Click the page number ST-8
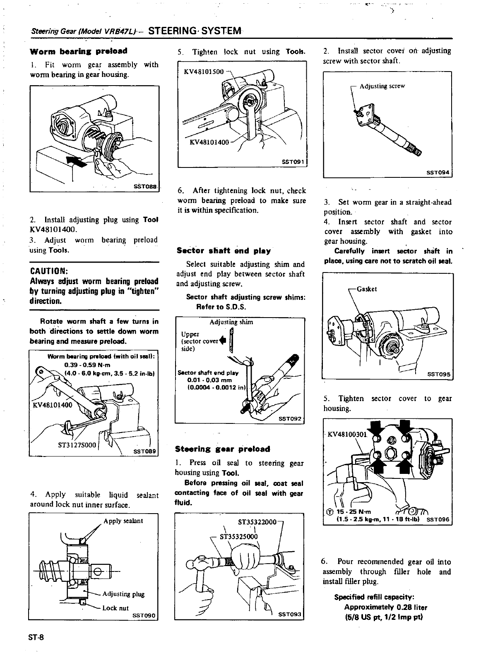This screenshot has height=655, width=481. pyautogui.click(x=36, y=637)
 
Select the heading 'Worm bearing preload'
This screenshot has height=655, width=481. pyautogui.click(x=78, y=51)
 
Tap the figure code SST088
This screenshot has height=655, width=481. pyautogui.click(x=145, y=186)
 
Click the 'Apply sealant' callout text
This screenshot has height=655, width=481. pyautogui.click(x=123, y=521)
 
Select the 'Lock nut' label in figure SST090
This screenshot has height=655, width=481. pyautogui.click(x=115, y=608)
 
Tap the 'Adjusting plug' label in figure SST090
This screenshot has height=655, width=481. pyautogui.click(x=123, y=594)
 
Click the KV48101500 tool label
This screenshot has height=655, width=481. pyautogui.click(x=203, y=72)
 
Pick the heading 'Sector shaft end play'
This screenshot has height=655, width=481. pyautogui.click(x=224, y=251)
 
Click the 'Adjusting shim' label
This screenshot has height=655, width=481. pyautogui.click(x=231, y=322)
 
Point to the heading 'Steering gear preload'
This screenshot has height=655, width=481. pyautogui.click(x=223, y=449)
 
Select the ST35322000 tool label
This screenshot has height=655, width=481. pyautogui.click(x=257, y=522)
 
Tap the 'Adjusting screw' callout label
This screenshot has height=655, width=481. pyautogui.click(x=382, y=86)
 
